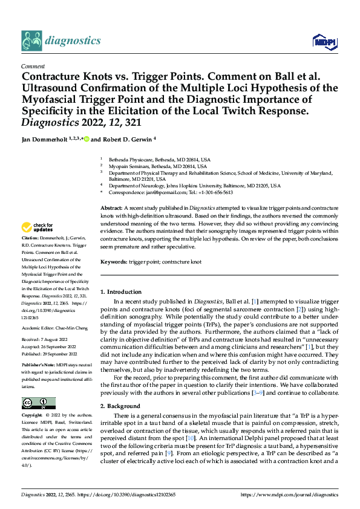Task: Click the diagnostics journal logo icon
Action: pyautogui.click(x=31, y=40)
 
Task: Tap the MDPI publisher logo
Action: pyautogui.click(x=324, y=41)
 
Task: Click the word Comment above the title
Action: pyautogui.click(x=31, y=66)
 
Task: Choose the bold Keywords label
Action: pyautogui.click(x=113, y=263)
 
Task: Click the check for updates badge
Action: pyautogui.click(x=38, y=228)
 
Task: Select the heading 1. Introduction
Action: pyautogui.click(x=121, y=292)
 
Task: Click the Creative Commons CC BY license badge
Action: pyautogui.click(x=38, y=403)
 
